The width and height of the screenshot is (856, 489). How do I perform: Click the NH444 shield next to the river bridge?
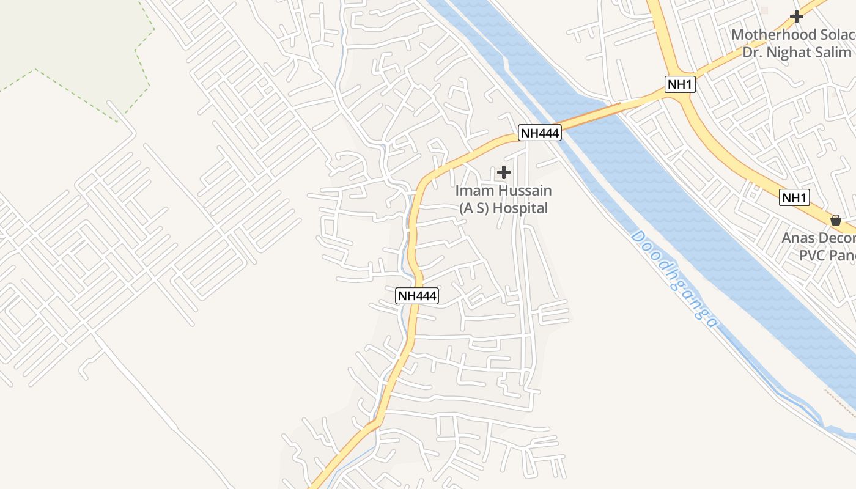point(540,133)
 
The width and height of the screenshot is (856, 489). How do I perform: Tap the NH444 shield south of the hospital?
point(417,296)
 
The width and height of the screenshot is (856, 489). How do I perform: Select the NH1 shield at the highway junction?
point(680,84)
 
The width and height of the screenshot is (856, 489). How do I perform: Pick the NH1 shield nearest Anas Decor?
point(795,197)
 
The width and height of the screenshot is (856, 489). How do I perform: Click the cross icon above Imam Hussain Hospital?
point(504,173)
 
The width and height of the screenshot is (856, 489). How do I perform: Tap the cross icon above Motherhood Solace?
point(796,17)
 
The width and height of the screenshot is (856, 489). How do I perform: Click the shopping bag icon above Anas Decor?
point(836,219)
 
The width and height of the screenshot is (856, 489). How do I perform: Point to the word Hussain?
point(525,191)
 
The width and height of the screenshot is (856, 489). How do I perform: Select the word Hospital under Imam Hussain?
point(520,208)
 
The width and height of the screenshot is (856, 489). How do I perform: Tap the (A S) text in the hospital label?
point(474,208)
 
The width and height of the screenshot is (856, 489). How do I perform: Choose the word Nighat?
point(792,53)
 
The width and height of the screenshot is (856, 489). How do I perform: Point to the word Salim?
point(834,53)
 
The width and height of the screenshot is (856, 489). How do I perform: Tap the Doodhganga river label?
point(673,278)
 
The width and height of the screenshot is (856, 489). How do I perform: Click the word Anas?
point(798,238)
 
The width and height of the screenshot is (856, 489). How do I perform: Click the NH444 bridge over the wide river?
point(587,116)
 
